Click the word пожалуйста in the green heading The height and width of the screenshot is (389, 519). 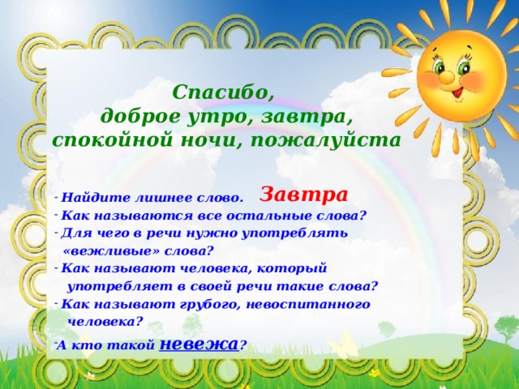(325, 141)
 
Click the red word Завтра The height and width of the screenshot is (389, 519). (303, 194)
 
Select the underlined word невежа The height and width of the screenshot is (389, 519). (199, 344)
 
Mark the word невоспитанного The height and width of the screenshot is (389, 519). (308, 305)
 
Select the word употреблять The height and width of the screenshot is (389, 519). (295, 234)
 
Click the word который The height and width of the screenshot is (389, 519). (292, 268)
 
